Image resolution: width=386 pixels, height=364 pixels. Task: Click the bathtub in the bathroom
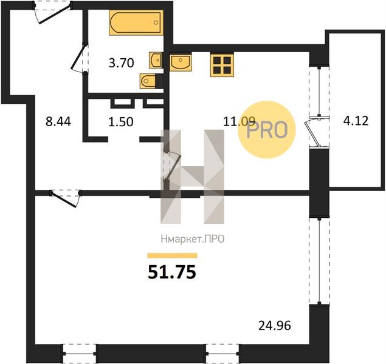136,22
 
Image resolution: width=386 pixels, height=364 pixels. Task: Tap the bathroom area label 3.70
122,63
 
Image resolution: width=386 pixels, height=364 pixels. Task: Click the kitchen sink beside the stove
181,62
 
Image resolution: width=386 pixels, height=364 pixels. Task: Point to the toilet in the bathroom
148,81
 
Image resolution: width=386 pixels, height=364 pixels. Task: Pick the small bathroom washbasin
155,60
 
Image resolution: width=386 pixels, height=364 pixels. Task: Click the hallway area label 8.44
58,121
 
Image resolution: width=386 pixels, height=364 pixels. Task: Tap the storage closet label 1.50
121,121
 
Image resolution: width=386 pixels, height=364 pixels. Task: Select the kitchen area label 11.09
239,121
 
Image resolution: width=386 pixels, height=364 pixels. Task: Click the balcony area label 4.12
356,121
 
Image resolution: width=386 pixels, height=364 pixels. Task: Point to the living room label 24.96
275,326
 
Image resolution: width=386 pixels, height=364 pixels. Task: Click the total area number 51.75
172,272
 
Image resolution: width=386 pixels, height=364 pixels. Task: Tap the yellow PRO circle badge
267,129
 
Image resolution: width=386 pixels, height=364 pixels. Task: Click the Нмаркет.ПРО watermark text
193,239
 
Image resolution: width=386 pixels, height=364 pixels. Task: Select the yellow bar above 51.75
172,255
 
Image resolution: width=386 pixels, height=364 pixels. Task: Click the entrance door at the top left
53,13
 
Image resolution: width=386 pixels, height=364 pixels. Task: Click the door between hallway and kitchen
172,166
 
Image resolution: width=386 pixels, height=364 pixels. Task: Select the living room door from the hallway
65,198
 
